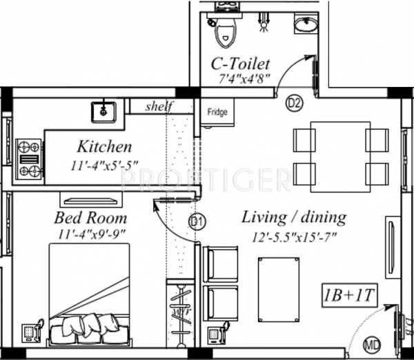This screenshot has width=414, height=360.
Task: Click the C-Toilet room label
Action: (240, 64)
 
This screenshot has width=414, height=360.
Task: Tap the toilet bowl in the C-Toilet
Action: (225, 31)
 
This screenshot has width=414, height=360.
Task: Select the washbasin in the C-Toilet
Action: (305, 26)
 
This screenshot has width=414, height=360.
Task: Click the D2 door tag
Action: (295, 103)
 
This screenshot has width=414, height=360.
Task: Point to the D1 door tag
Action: (197, 222)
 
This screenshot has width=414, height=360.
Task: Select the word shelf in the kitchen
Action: (160, 106)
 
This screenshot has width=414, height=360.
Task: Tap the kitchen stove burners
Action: (28, 159)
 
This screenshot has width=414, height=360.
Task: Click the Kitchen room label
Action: (104, 147)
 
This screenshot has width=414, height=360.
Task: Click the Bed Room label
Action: (90, 218)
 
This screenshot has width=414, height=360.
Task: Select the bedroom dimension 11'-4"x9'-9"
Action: (90, 233)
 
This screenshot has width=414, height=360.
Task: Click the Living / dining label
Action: (294, 217)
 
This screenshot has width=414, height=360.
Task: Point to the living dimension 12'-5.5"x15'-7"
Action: (294, 234)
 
